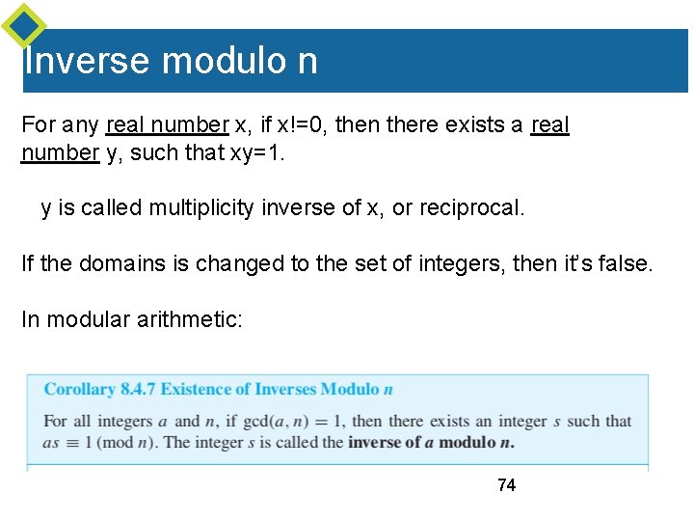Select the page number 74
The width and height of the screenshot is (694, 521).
point(506,485)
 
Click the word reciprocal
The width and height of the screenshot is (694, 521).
point(471,207)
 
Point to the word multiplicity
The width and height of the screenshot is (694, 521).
point(201,207)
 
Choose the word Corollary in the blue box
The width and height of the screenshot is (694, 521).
point(80,390)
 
